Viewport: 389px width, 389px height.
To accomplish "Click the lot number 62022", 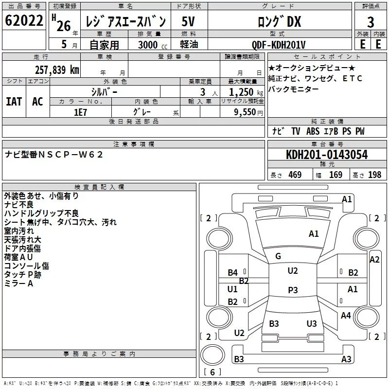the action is tap(24, 20).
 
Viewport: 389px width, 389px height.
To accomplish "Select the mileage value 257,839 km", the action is tap(57, 70).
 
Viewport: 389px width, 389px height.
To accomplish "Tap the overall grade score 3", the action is tap(371, 22).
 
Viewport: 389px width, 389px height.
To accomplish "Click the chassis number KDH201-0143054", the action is tap(327, 155).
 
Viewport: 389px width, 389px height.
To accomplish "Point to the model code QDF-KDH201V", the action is tap(278, 45).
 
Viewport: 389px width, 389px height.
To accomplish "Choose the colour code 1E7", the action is tap(80, 112).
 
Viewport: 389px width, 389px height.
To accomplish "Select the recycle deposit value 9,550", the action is tap(245, 112).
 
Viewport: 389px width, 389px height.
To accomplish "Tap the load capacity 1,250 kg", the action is tap(246, 92).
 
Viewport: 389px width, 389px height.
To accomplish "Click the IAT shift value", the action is tap(14, 102).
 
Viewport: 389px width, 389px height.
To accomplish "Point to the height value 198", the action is tap(374, 175).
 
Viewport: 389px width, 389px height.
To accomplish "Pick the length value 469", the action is tap(295, 175).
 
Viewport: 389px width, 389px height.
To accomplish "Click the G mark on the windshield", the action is tap(278, 256).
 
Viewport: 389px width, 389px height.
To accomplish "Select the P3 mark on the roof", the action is tap(293, 290).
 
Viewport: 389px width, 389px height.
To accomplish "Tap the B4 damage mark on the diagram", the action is tap(233, 273).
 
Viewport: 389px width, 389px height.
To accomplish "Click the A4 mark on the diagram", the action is tap(346, 315).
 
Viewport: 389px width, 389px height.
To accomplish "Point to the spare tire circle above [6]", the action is tap(212, 355).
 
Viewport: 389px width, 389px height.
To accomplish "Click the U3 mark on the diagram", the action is tap(312, 323).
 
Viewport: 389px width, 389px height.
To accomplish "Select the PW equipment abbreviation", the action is tap(360, 131).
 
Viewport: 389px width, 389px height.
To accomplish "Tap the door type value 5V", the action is tap(188, 21).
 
